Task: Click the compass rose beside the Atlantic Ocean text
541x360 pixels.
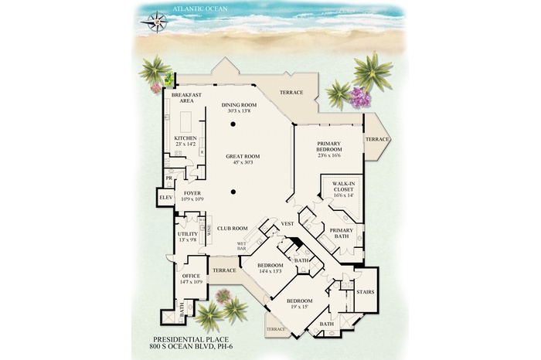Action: [158, 20]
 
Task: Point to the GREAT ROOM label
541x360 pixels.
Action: [243, 156]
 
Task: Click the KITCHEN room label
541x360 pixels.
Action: [185, 138]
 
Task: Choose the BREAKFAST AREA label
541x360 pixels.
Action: [186, 97]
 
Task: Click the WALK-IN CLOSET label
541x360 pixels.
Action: [342, 186]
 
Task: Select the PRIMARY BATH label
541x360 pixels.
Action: [341, 233]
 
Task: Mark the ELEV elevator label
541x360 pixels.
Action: [165, 199]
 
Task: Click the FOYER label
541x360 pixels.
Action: [192, 194]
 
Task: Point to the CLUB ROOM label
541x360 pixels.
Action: [232, 229]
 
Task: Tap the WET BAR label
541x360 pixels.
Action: [241, 246]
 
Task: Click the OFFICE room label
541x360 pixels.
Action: [190, 276]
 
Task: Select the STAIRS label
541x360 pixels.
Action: [365, 292]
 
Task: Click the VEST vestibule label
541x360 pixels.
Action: [286, 224]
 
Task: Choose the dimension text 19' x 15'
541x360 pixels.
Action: [299, 307]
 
